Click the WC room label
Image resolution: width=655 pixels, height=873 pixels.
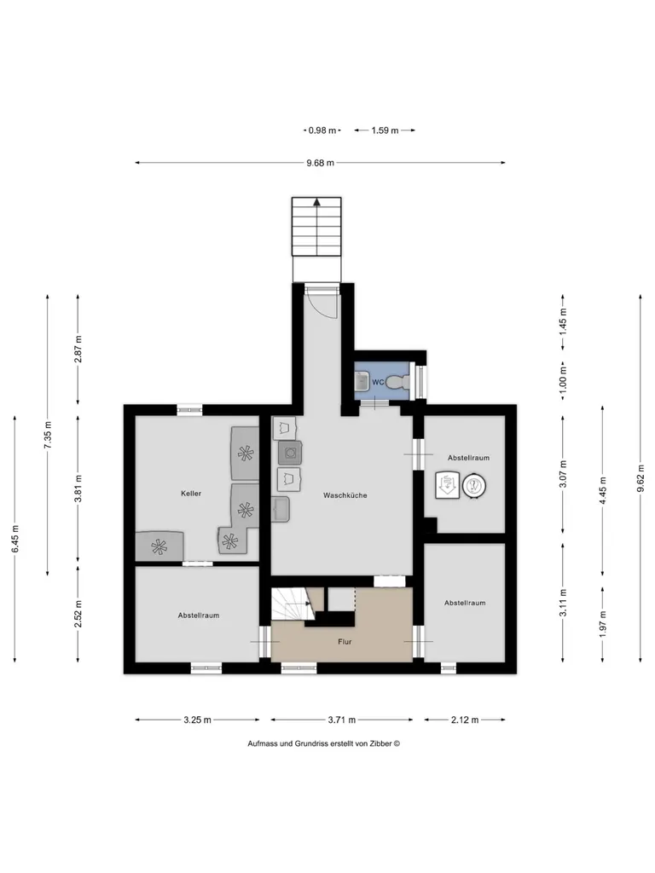pyautogui.click(x=378, y=382)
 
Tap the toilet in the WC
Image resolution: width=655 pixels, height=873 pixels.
pyautogui.click(x=398, y=382)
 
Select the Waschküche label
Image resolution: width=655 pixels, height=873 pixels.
pyautogui.click(x=345, y=495)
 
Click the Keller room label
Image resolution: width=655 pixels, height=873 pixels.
pyautogui.click(x=191, y=494)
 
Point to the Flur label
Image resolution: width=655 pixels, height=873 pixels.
pyautogui.click(x=345, y=641)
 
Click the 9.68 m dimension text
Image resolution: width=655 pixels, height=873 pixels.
pyautogui.click(x=321, y=163)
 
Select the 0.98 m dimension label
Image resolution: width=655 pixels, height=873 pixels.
pyautogui.click(x=322, y=130)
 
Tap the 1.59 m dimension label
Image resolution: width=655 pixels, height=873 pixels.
pyautogui.click(x=385, y=130)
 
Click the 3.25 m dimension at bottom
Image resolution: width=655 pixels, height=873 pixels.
pyautogui.click(x=197, y=720)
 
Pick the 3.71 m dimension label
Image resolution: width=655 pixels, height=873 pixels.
pyautogui.click(x=341, y=720)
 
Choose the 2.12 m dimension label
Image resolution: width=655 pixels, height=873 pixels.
pyautogui.click(x=465, y=720)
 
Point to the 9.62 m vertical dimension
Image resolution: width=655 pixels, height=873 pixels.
pyautogui.click(x=641, y=478)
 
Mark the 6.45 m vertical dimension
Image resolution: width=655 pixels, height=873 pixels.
pyautogui.click(x=15, y=539)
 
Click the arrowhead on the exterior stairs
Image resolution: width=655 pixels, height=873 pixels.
pyautogui.click(x=316, y=202)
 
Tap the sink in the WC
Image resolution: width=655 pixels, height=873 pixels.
pyautogui.click(x=362, y=382)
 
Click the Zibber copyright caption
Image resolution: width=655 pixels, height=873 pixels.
pyautogui.click(x=323, y=743)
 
